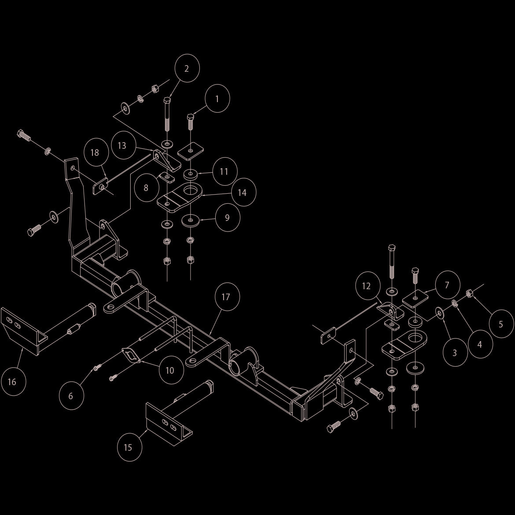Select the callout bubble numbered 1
click(x=217, y=99)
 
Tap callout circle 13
click(x=122, y=146)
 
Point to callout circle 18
click(x=95, y=152)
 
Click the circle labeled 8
click(x=146, y=188)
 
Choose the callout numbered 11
click(x=224, y=172)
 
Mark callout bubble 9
click(x=228, y=218)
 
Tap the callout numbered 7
click(x=447, y=285)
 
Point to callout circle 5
click(x=501, y=324)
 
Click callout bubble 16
click(x=14, y=382)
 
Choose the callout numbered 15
click(x=129, y=447)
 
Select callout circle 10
click(x=171, y=370)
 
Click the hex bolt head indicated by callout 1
click(x=191, y=117)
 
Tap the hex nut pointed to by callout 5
click(x=469, y=293)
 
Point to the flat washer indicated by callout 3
click(x=439, y=313)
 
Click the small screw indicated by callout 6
click(x=97, y=367)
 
